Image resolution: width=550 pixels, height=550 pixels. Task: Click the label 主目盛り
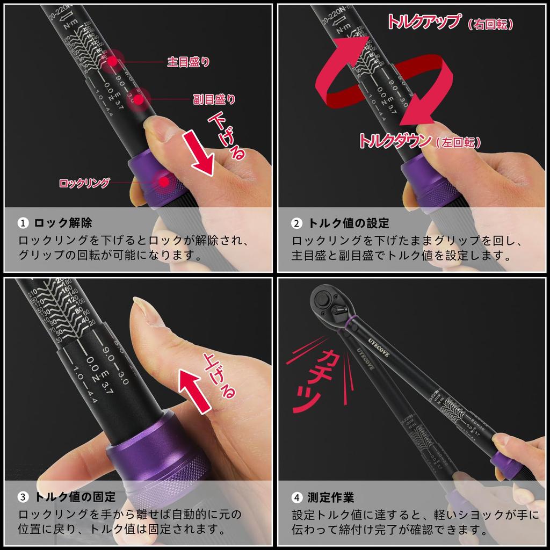coord(189,62)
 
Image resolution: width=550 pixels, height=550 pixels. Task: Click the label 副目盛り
coord(214,99)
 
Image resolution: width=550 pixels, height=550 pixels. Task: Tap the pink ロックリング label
coord(84,183)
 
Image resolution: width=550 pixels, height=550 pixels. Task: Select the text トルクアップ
coord(424,22)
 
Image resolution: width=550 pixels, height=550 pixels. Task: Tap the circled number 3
coord(23,497)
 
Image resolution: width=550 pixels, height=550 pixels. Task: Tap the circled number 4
coord(296,497)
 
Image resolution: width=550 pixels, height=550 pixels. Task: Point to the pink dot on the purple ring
coord(162,182)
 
